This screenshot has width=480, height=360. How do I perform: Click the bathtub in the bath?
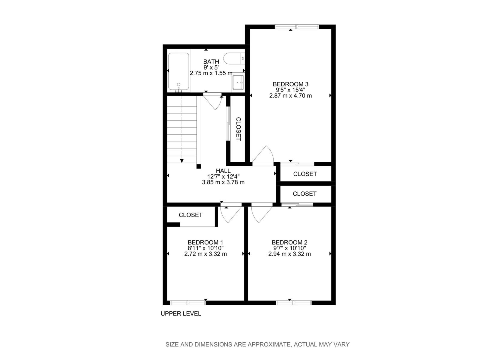pos(178,72)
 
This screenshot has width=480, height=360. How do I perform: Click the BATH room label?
pos(211,62)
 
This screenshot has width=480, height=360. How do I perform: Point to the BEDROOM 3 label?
pos(290,84)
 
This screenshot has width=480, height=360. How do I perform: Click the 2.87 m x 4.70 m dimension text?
pos(290,96)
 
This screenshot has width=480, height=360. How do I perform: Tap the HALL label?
pos(223,171)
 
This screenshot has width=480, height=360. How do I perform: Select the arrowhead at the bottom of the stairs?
pos(182,161)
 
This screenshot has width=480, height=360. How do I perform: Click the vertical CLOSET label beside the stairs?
pos(238,129)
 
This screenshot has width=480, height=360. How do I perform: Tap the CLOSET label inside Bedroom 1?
pos(190,215)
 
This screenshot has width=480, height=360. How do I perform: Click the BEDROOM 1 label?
pos(205,242)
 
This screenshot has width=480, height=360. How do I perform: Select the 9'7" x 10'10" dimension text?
pos(289,248)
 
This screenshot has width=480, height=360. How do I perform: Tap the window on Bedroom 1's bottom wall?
pos(187,302)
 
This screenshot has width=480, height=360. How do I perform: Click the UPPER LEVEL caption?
pos(181,314)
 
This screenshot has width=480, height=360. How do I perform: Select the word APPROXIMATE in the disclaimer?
pos(269,344)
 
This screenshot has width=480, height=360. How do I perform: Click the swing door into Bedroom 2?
pos(260,214)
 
